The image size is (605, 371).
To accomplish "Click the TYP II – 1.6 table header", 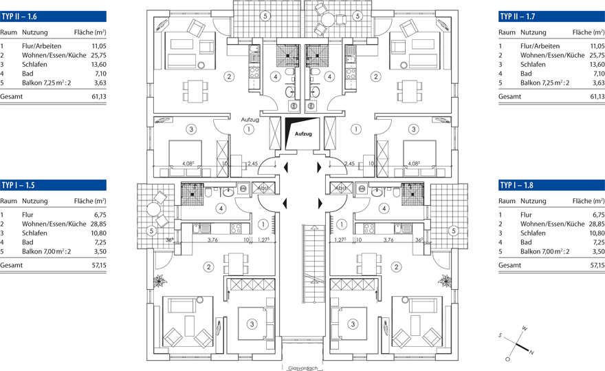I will [x=53, y=17].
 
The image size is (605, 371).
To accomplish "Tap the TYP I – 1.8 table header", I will [x=551, y=185].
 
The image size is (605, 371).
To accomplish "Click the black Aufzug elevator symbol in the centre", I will [x=302, y=131].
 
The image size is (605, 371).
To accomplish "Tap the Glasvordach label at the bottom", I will [x=302, y=367].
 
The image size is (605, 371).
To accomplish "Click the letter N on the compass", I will [x=531, y=352].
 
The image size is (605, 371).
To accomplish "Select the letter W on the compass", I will [x=524, y=328].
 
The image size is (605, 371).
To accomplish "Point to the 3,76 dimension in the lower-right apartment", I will [x=388, y=241].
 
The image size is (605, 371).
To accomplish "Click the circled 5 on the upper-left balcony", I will [x=265, y=15].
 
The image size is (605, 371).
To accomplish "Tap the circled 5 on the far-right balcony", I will [x=453, y=231].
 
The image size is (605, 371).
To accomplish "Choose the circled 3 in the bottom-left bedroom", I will [x=252, y=324].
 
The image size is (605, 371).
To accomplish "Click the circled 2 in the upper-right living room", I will [x=376, y=76].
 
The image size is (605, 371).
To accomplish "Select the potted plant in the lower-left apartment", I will [x=160, y=281].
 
